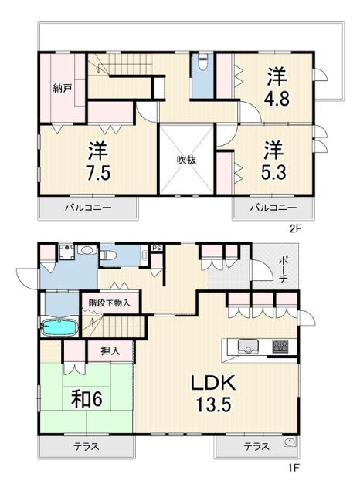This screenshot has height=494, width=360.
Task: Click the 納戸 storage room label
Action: [62, 89]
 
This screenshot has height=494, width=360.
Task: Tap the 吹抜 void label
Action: [186, 160]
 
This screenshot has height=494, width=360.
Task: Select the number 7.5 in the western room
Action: [98, 173]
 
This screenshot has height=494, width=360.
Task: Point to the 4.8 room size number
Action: [277, 99]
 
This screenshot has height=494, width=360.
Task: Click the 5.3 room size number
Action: [273, 172]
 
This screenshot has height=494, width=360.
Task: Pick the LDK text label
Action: [213, 383]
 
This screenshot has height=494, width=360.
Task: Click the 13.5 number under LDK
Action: [214, 404]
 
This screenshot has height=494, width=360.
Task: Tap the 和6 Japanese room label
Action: [87, 399]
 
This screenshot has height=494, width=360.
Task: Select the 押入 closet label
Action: [110, 350]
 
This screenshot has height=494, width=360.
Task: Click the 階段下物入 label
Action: [110, 303]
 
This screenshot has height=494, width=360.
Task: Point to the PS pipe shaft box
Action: [157, 248]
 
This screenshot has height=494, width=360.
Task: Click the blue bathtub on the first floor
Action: [59, 327]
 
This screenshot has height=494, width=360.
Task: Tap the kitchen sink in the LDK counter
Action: [248, 347]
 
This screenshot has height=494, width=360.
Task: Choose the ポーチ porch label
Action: [283, 270]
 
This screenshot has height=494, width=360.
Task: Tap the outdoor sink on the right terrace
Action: [289, 442]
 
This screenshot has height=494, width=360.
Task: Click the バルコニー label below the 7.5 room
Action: [88, 208]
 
